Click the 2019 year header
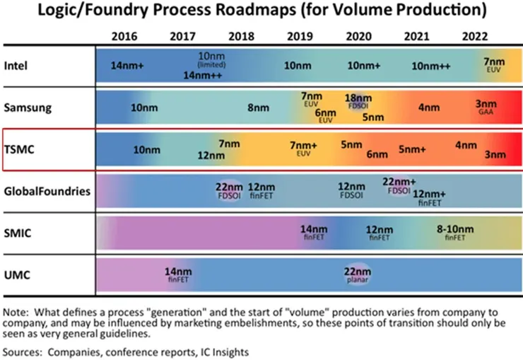point(302,36)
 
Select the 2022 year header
point(475,36)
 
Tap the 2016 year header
point(126,36)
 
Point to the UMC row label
point(19,274)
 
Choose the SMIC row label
point(19,233)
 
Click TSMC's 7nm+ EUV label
point(305,148)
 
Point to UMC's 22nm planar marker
point(358,273)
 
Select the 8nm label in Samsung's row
point(254,108)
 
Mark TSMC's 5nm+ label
point(412,149)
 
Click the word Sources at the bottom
point(21,351)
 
